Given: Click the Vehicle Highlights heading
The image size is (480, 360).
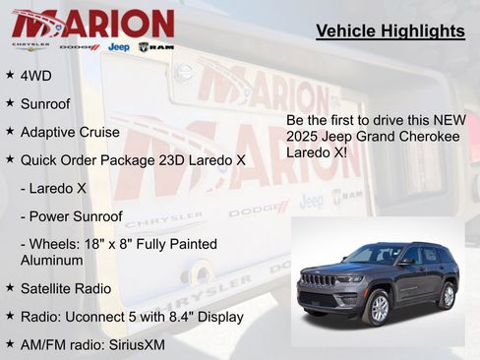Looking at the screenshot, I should (390, 31).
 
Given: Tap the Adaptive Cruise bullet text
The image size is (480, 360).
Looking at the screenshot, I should (70, 131).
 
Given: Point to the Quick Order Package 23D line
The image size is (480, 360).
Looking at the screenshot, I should (133, 158).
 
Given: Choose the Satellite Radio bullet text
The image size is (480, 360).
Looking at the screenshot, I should (65, 288).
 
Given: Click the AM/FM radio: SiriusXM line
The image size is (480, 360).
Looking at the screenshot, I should (92, 345).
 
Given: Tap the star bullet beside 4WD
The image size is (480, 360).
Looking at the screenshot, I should (9, 74).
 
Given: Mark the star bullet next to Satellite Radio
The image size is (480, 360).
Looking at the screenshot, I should (9, 287).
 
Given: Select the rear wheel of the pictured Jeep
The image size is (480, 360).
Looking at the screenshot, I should (448, 295).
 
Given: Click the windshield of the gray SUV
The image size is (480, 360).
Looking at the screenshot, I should (375, 255).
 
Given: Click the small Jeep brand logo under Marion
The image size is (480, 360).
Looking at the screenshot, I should (118, 46).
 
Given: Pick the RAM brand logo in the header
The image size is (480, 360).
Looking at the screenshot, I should (156, 46).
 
